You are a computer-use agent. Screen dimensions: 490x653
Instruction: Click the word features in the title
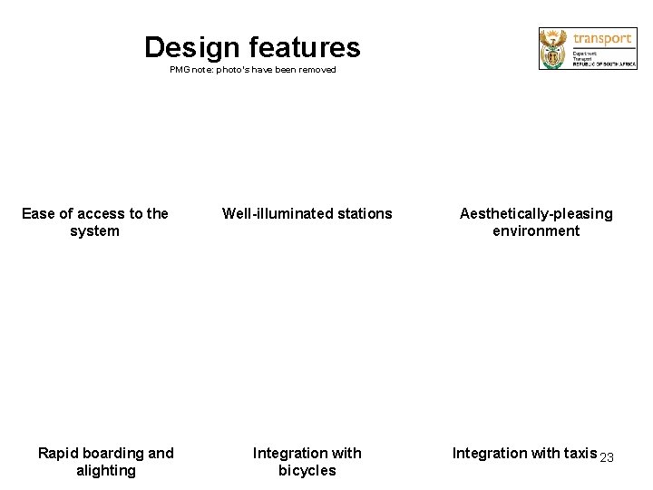click(x=305, y=47)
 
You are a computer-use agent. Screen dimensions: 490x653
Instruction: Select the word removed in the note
click(x=318, y=70)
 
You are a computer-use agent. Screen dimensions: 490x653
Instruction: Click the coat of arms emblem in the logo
click(x=552, y=48)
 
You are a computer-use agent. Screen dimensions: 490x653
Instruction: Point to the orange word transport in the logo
click(x=601, y=39)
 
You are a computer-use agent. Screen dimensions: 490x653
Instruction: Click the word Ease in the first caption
click(x=38, y=214)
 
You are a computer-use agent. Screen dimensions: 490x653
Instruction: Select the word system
click(x=94, y=231)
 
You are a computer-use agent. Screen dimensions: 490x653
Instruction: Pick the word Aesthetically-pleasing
click(x=536, y=214)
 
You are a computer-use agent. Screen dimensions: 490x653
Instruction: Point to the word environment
click(x=536, y=231)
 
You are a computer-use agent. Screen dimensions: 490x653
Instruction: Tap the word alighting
click(x=106, y=470)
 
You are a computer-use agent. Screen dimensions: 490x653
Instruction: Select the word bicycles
click(x=307, y=470)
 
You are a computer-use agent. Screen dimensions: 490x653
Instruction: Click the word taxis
click(x=577, y=453)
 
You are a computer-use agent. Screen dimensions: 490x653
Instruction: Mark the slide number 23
click(x=607, y=457)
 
